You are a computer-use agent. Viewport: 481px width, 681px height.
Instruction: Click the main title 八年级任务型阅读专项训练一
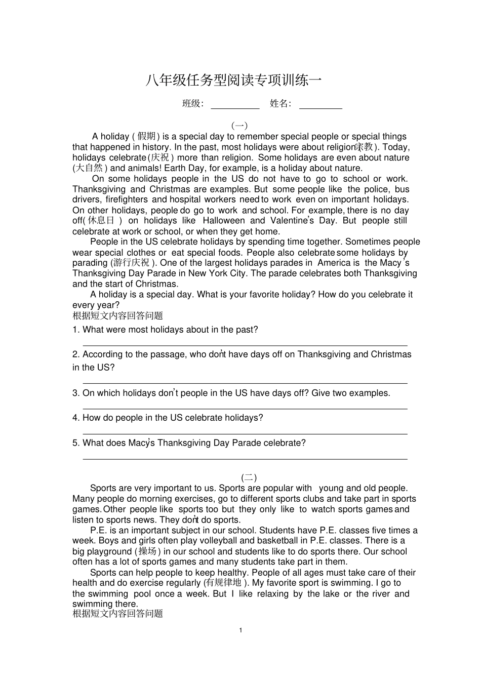click(233, 81)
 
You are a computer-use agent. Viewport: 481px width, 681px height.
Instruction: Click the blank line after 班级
click(235, 108)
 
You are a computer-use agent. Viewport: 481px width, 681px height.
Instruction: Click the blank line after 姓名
click(320, 108)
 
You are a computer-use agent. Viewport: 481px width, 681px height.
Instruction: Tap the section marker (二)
click(249, 477)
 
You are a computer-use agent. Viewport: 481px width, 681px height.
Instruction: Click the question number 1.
click(75, 330)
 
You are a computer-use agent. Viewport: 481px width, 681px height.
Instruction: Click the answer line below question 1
click(245, 345)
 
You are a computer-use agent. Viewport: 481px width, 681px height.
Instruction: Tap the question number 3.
click(75, 393)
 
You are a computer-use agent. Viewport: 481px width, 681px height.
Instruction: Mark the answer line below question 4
click(245, 434)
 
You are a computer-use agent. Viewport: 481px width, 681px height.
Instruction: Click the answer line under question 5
click(245, 459)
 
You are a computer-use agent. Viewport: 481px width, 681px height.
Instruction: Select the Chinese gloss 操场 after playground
click(147, 551)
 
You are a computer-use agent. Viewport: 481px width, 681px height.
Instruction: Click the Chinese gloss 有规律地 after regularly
click(223, 583)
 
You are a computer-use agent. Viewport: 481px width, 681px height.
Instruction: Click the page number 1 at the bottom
click(240, 630)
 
